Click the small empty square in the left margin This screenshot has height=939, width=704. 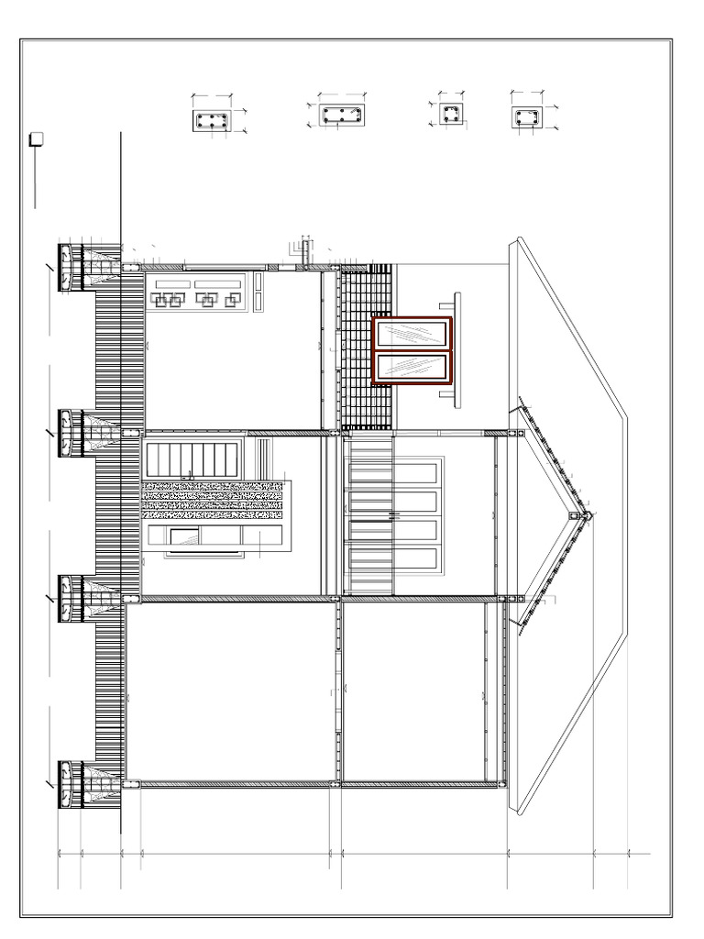[x=37, y=139]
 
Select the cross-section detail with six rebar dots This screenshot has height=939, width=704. [x=211, y=120]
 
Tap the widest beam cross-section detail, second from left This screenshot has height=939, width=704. [x=342, y=116]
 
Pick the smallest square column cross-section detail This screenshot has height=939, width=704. [x=450, y=115]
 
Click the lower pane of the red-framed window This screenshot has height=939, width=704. [x=411, y=367]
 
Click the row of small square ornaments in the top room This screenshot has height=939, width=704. [x=196, y=300]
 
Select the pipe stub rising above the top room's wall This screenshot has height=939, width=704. [x=306, y=252]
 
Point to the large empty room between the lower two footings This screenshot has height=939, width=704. [x=229, y=692]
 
